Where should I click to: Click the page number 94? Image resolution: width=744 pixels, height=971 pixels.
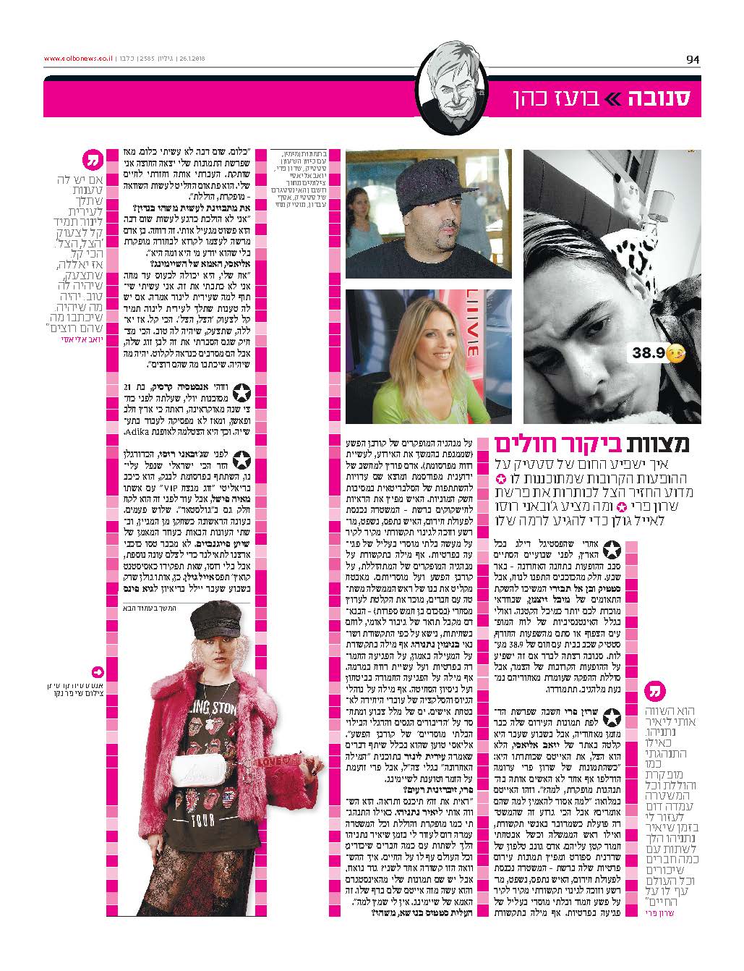693,59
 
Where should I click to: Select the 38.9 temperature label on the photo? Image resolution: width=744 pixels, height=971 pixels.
648,355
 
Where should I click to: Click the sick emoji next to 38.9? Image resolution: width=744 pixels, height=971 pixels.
674,355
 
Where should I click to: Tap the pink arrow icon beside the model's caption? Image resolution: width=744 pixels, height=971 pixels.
98,671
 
